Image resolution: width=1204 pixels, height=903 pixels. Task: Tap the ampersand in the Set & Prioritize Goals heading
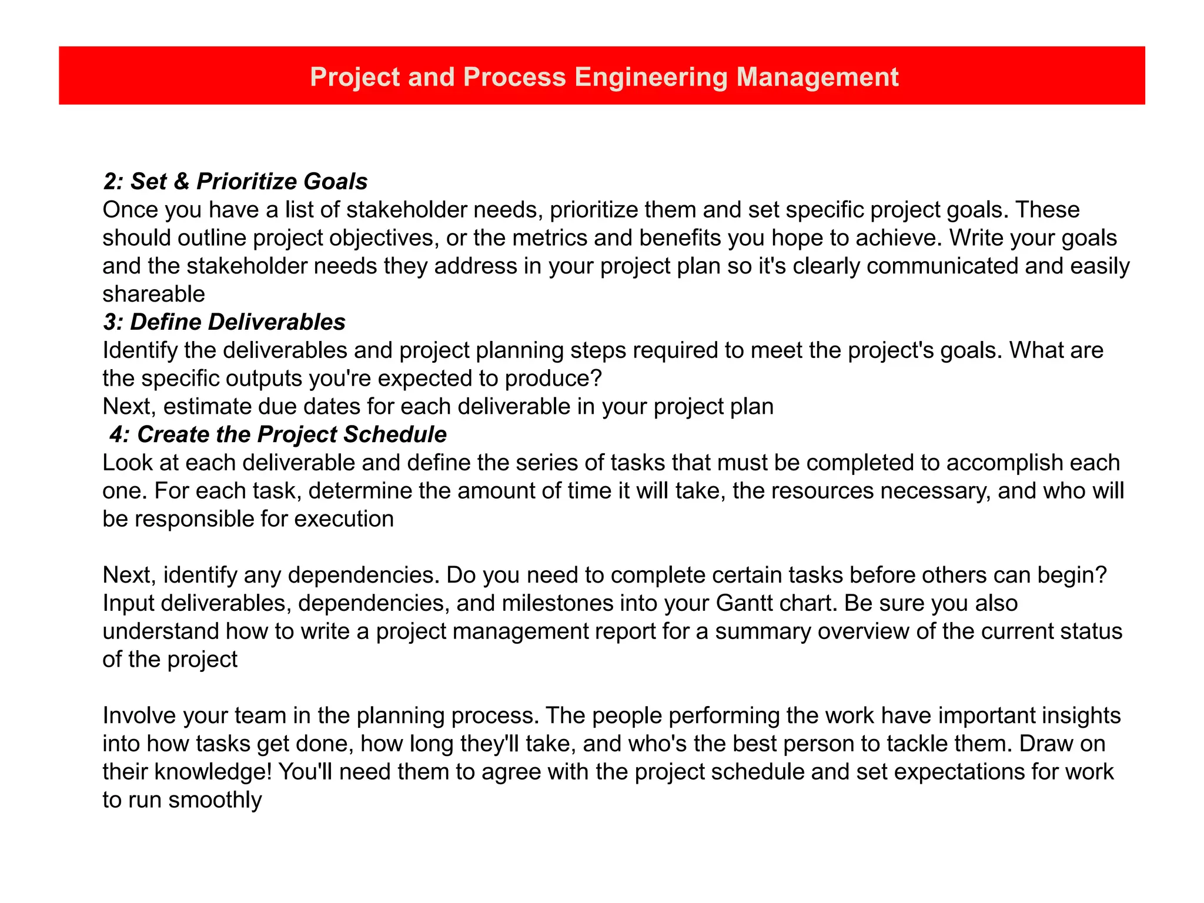tap(182, 182)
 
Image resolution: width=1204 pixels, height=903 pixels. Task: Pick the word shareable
tap(154, 294)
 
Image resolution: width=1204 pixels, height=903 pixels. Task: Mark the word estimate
tap(208, 407)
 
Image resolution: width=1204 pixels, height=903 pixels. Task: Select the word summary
tap(761, 631)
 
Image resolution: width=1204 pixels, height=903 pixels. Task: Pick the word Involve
tap(139, 716)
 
